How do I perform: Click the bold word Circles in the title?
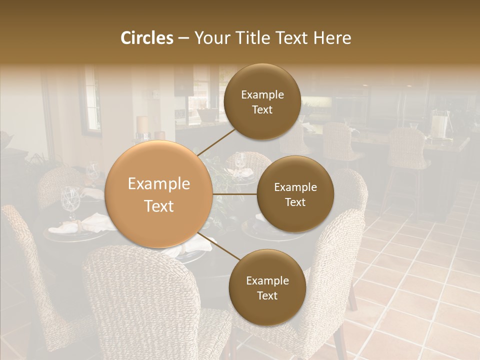(146, 38)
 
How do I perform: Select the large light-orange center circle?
(159, 194)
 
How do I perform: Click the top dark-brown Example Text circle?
(262, 101)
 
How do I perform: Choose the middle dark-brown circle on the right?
(295, 194)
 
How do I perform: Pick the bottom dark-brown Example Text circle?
(267, 287)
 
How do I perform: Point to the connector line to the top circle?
(217, 142)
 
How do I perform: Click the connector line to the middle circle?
(234, 194)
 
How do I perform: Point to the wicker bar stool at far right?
(406, 150)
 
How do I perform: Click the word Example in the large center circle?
(159, 184)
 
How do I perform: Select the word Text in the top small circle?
(262, 109)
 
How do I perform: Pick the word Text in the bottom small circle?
(267, 295)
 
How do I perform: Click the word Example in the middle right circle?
(295, 187)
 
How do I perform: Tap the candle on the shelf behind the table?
(142, 125)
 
